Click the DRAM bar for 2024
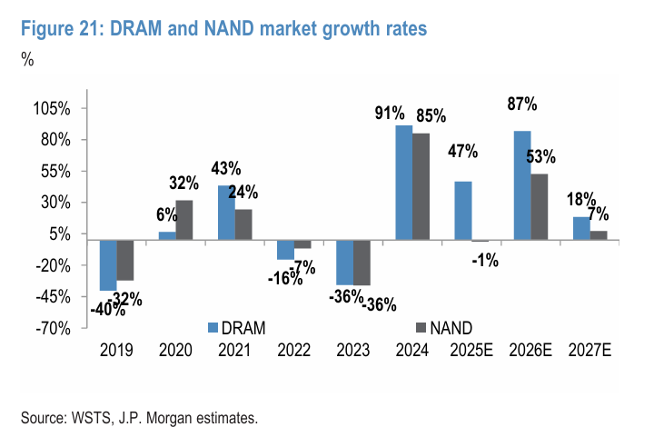click(x=403, y=183)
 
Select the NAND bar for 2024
click(x=421, y=186)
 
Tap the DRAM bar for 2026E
click(x=522, y=185)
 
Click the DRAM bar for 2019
click(x=108, y=265)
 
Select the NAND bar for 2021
click(x=243, y=224)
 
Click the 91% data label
click(x=389, y=114)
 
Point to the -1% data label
click(x=484, y=261)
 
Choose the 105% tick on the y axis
click(x=52, y=108)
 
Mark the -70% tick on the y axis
click(x=54, y=328)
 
